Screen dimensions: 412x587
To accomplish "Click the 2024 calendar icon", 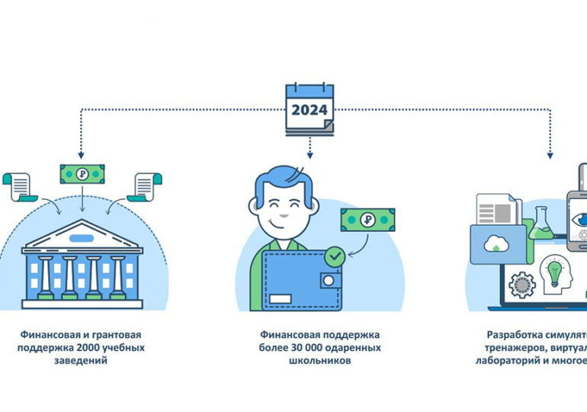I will (309, 108).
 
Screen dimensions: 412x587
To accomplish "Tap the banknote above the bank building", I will (82, 173).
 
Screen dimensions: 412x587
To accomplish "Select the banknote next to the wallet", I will (368, 220).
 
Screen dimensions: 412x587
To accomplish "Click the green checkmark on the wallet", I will (333, 257).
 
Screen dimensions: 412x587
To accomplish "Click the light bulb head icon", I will (555, 271).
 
